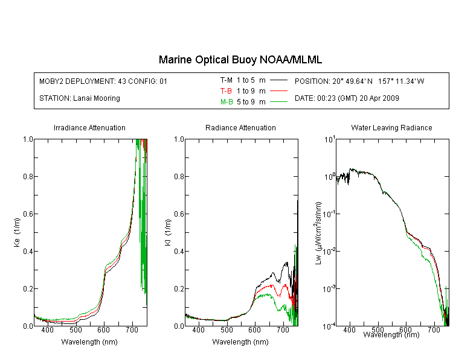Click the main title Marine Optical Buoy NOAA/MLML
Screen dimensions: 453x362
(x=240, y=60)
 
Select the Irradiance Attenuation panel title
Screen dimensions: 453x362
(x=89, y=127)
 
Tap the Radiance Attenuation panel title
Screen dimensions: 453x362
(x=240, y=127)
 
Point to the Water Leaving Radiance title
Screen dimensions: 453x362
(x=391, y=127)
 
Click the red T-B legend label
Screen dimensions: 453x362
(x=226, y=91)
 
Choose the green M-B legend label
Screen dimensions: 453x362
(x=226, y=102)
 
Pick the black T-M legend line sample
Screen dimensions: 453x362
(x=278, y=80)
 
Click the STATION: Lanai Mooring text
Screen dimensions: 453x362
(x=80, y=98)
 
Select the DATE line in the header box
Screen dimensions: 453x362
(x=347, y=98)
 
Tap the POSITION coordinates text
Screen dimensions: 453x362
(x=359, y=81)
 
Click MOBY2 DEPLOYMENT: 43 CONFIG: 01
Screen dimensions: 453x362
(x=103, y=81)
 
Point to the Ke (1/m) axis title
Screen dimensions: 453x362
(x=17, y=232)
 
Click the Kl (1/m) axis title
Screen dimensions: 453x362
(x=168, y=232)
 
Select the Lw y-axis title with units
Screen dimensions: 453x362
(x=318, y=233)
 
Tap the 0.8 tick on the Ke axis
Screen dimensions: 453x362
(x=28, y=176)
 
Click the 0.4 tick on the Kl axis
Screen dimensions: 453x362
(x=179, y=251)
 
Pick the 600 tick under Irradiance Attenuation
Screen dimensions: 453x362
(x=103, y=329)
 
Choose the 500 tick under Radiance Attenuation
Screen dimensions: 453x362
(x=226, y=329)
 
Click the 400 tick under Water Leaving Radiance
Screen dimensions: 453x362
(x=349, y=329)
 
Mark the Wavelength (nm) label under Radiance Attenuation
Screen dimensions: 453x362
(x=240, y=342)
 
